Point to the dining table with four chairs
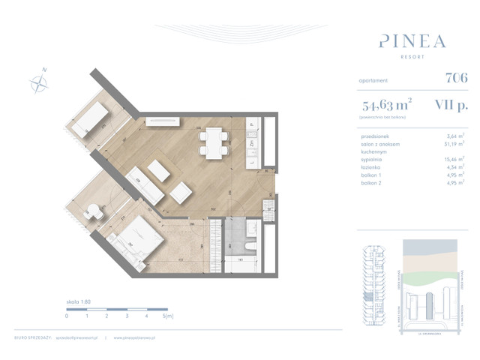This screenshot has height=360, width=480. click(214, 140)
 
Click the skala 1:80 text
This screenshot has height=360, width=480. click(80, 301)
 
